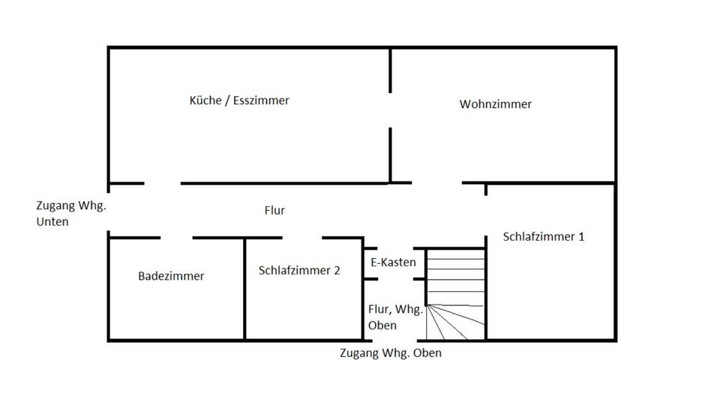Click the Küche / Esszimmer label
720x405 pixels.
tap(239, 100)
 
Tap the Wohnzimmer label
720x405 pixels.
tap(496, 104)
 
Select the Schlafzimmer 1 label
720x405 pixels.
tap(544, 236)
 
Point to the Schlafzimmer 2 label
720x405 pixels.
tap(299, 270)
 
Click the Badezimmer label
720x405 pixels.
tap(171, 276)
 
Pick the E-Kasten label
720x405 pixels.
tap(394, 262)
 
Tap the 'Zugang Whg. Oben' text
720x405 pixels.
tap(390, 353)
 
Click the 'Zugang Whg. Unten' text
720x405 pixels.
tap(70, 213)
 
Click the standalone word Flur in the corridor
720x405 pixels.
tap(275, 211)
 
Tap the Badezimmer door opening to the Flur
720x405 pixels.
tap(176, 238)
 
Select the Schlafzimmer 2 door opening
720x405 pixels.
tap(302, 238)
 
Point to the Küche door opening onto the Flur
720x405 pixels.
tap(162, 183)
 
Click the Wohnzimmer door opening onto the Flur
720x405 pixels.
tap(437, 182)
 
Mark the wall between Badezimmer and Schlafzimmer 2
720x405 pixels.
tap(245, 289)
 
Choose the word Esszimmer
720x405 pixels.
tap(261, 100)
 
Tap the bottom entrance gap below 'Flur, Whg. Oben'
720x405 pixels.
tap(394, 341)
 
